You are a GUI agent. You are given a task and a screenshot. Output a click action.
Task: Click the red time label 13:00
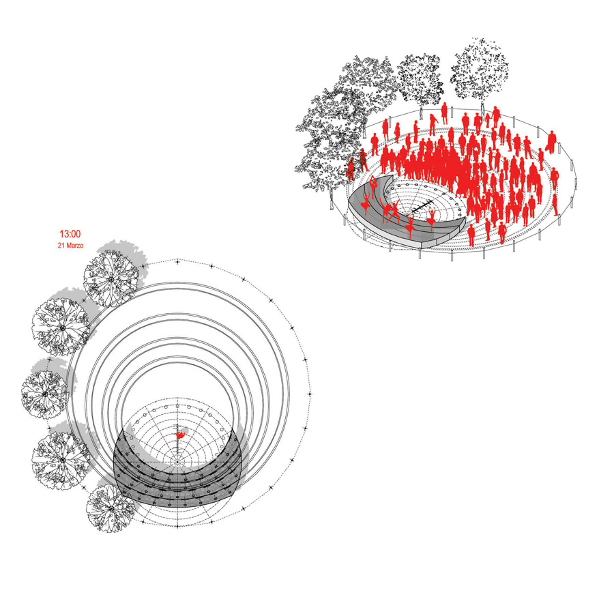click(70, 234)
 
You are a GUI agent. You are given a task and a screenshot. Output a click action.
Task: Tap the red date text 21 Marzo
click(70, 246)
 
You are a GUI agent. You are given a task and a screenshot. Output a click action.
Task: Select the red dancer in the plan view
click(180, 435)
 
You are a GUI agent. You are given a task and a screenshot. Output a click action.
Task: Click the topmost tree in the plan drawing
click(111, 279)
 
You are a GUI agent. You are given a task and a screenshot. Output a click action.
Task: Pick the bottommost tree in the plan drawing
click(111, 508)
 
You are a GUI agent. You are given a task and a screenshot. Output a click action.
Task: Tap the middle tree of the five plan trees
click(45, 394)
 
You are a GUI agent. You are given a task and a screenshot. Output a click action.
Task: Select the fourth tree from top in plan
click(61, 459)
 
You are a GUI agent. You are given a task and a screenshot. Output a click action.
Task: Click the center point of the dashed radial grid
click(177, 463)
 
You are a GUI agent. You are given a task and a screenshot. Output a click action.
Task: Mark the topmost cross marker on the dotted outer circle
click(177, 261)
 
